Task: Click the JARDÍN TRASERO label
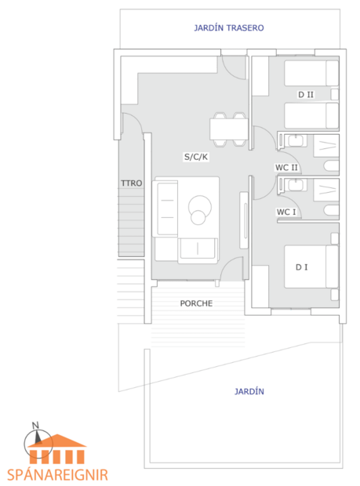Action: click(x=228, y=27)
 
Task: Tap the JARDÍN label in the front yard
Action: click(x=249, y=391)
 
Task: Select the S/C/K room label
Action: click(x=196, y=157)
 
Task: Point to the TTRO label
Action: click(x=130, y=183)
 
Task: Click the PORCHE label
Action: click(x=196, y=303)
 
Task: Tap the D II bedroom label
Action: click(x=306, y=94)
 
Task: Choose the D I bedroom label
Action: click(x=301, y=267)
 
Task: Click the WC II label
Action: click(x=286, y=168)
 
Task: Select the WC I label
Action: click(x=285, y=212)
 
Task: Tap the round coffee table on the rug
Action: click(x=199, y=208)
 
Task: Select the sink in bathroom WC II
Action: click(x=296, y=141)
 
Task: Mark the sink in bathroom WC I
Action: click(x=296, y=185)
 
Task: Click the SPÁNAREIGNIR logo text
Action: click(x=56, y=474)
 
